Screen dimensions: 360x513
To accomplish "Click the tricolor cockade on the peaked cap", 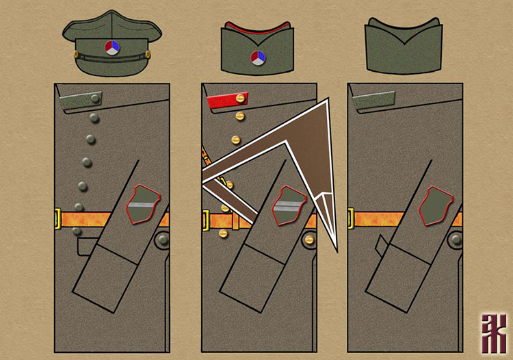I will [111, 47].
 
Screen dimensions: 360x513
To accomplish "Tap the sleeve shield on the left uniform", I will [145, 205].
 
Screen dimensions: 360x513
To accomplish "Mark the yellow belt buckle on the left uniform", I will [57, 220].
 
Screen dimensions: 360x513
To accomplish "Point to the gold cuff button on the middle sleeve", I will [307, 240].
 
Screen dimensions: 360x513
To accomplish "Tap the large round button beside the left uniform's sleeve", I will [163, 240].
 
